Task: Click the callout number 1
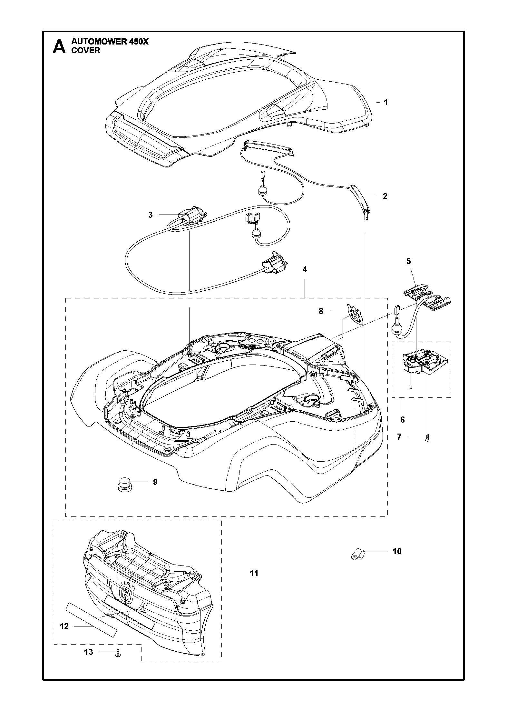click(x=385, y=103)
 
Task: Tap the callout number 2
click(x=385, y=196)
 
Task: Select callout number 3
click(x=151, y=215)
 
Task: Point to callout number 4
click(x=304, y=269)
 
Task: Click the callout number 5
click(x=408, y=261)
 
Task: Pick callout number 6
click(x=402, y=420)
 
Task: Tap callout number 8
click(x=321, y=311)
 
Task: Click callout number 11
click(x=254, y=573)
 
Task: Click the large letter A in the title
click(x=59, y=46)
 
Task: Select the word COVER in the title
click(x=86, y=51)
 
